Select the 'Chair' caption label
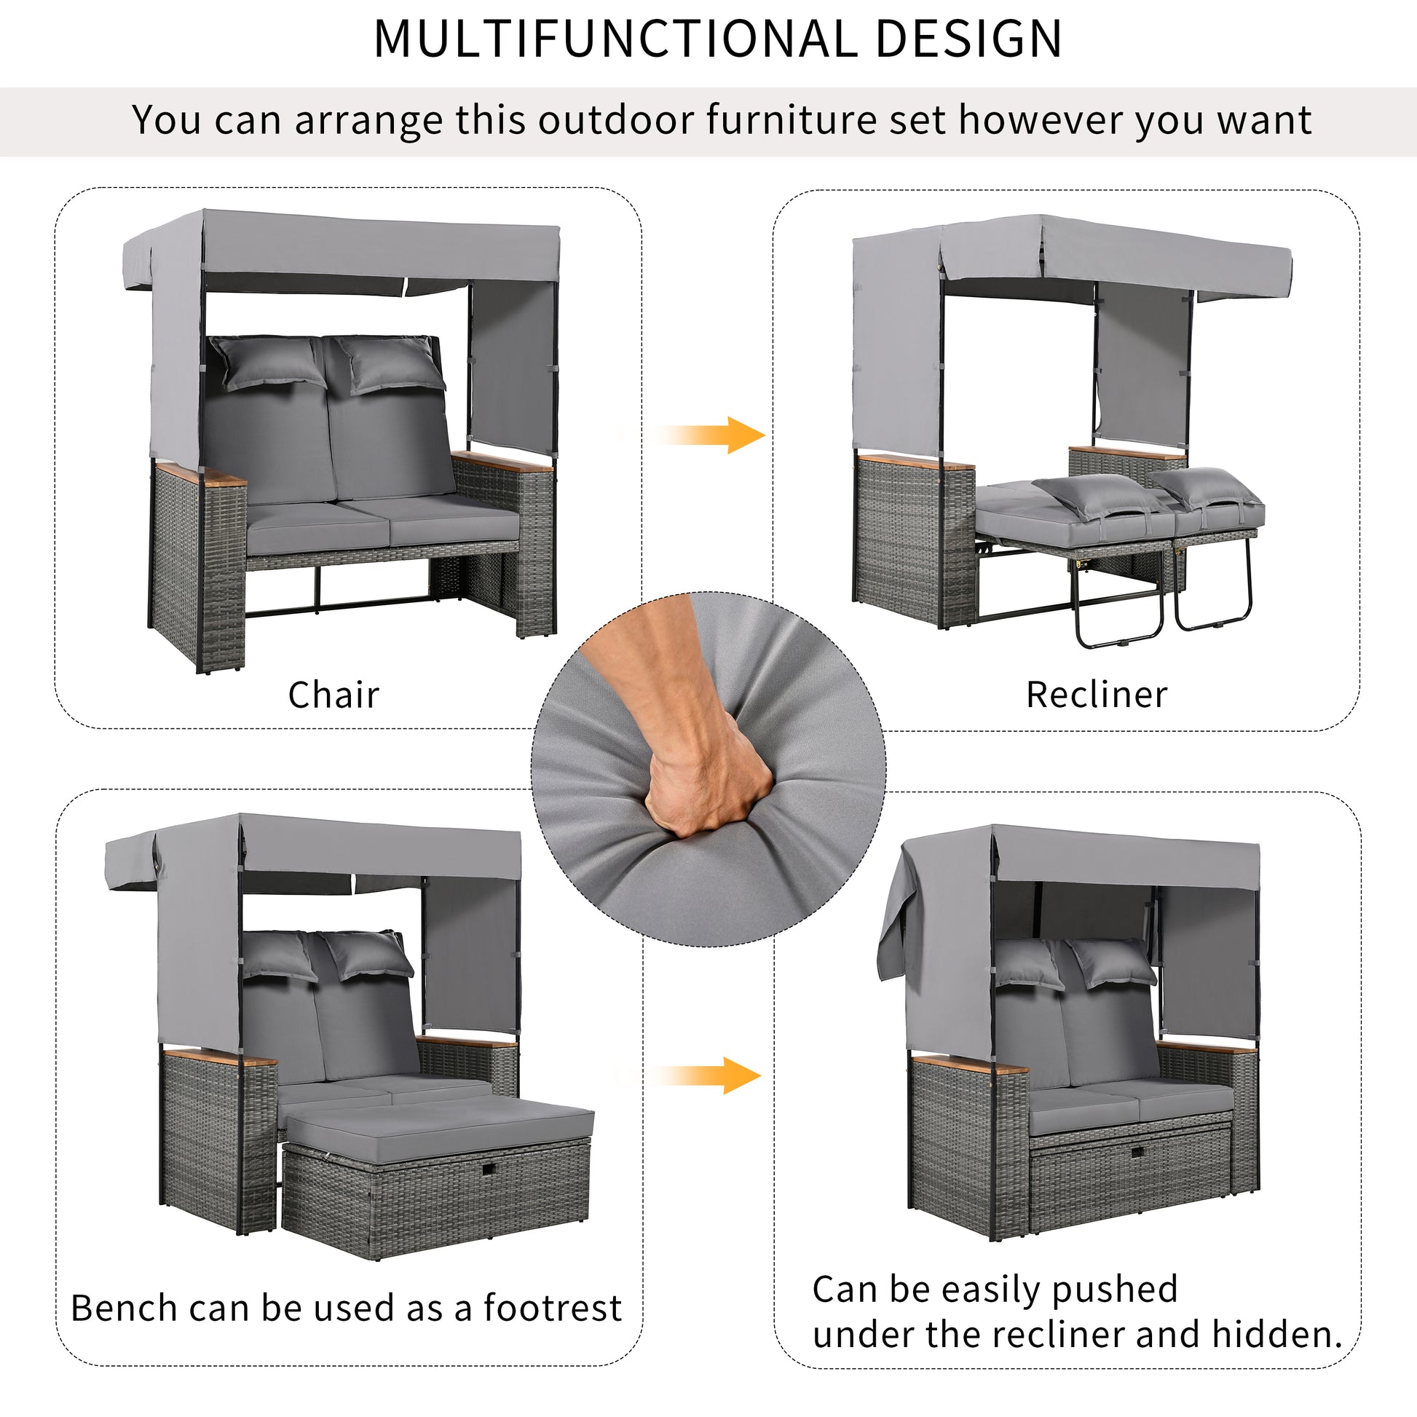click(333, 695)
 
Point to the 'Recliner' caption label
click(1097, 695)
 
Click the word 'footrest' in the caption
click(552, 1308)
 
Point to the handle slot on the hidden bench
click(1137, 1151)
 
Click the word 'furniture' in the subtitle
click(791, 119)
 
